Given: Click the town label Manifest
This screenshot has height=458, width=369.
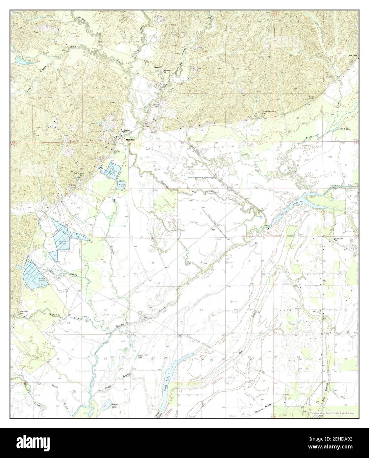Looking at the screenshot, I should [131, 140].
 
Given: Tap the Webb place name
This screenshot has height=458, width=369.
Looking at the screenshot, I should [157, 68].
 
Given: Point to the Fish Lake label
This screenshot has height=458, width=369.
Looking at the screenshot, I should [344, 129].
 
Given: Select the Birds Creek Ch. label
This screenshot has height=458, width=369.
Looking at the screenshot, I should [353, 56].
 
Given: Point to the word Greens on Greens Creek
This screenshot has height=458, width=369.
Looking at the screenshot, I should [54, 315].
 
